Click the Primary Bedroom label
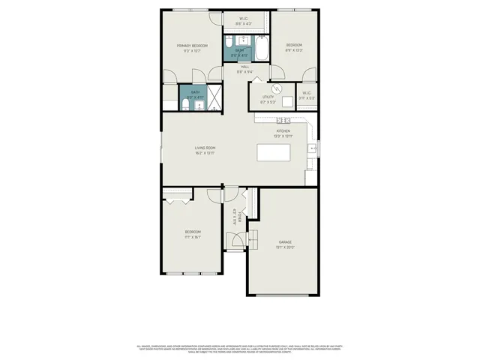point(191,46)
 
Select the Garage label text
point(285,241)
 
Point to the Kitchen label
point(283,130)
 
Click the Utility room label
point(268,97)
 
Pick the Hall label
point(245,67)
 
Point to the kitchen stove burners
point(283,120)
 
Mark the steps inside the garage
point(253,238)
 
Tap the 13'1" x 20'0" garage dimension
point(285,247)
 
